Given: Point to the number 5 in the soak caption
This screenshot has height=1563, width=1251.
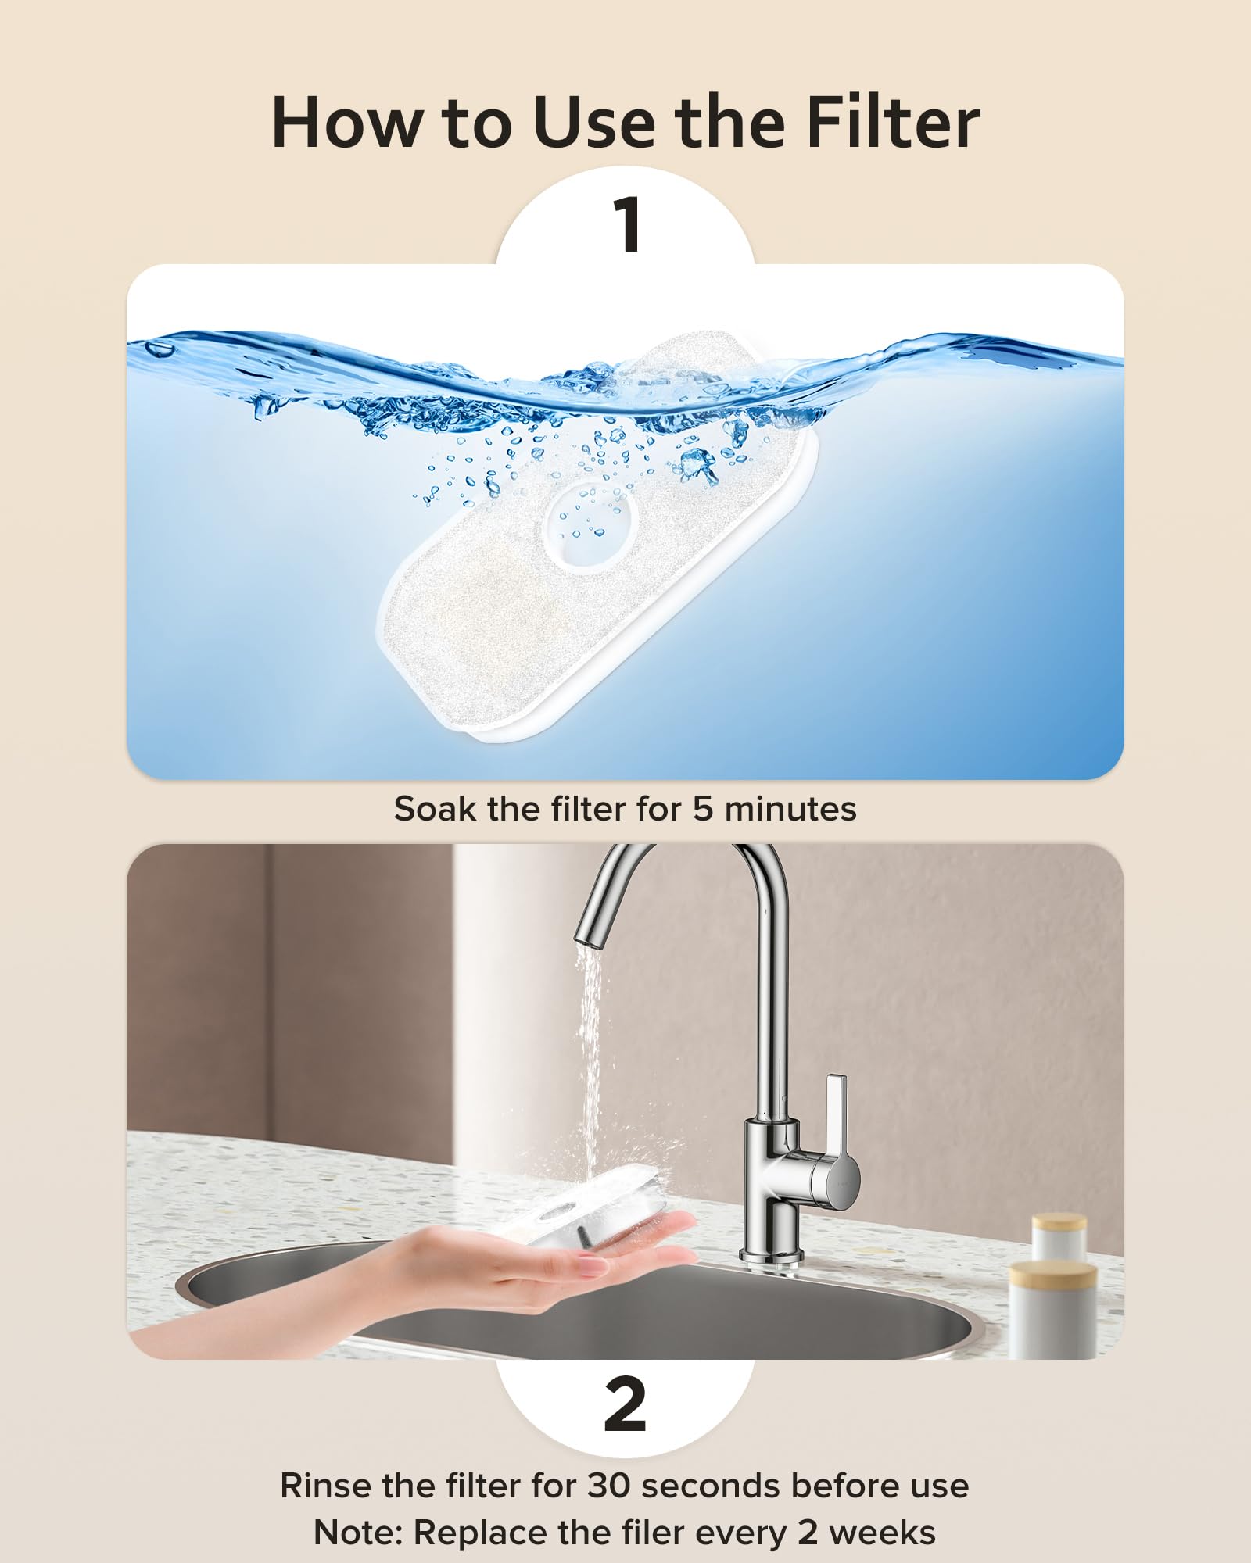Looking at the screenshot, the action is pyautogui.click(x=703, y=809).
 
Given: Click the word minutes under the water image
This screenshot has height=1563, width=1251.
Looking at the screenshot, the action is pyautogui.click(x=790, y=809).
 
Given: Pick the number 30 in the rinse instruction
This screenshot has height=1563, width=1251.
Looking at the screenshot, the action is pyautogui.click(x=608, y=1486).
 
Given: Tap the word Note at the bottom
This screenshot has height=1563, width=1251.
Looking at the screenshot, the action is pyautogui.click(x=357, y=1533).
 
